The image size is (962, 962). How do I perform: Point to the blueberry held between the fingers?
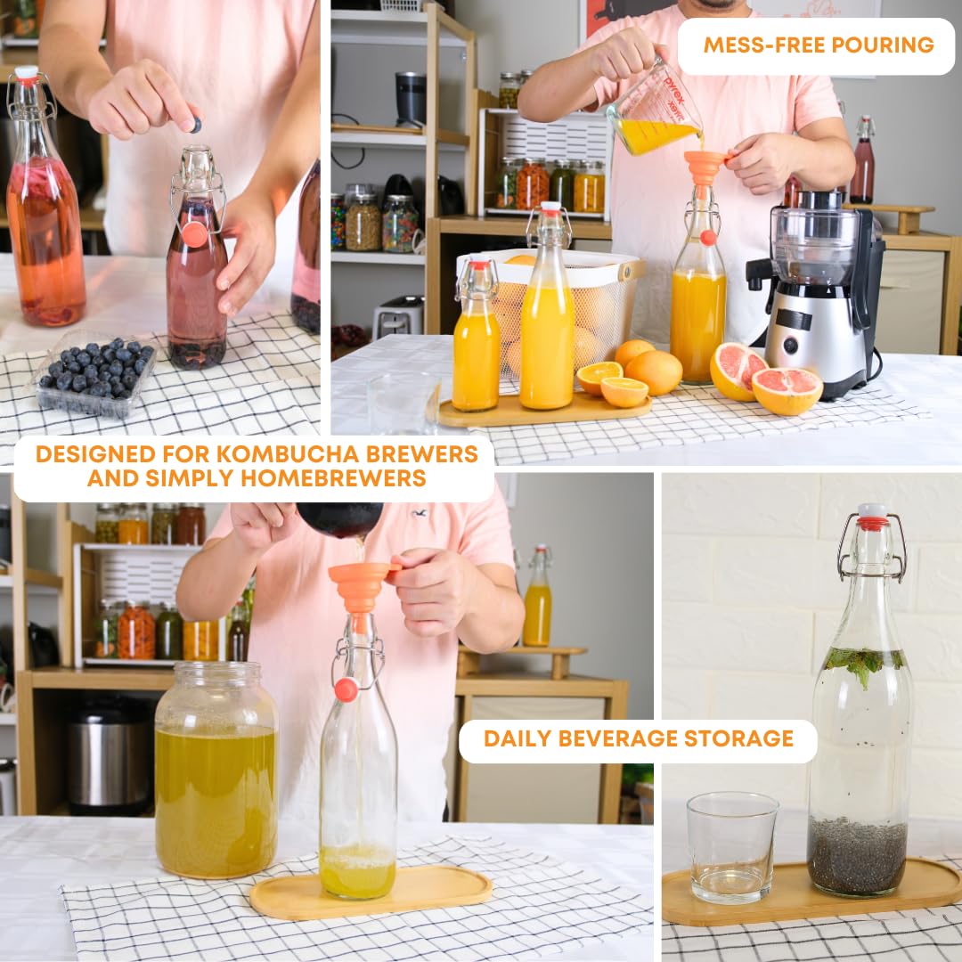pos(195,126)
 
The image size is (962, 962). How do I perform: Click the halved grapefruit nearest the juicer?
pos(786,390)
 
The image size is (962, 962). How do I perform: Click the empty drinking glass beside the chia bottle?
pos(731,846)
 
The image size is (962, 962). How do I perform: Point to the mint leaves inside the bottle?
pos(860,664)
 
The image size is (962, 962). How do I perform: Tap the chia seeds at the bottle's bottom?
pos(857,855)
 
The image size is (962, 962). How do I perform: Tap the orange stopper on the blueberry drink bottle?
pos(194,234)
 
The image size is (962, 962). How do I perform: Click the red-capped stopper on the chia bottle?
pos(872,517)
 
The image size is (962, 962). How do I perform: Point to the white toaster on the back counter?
pos(398,316)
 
